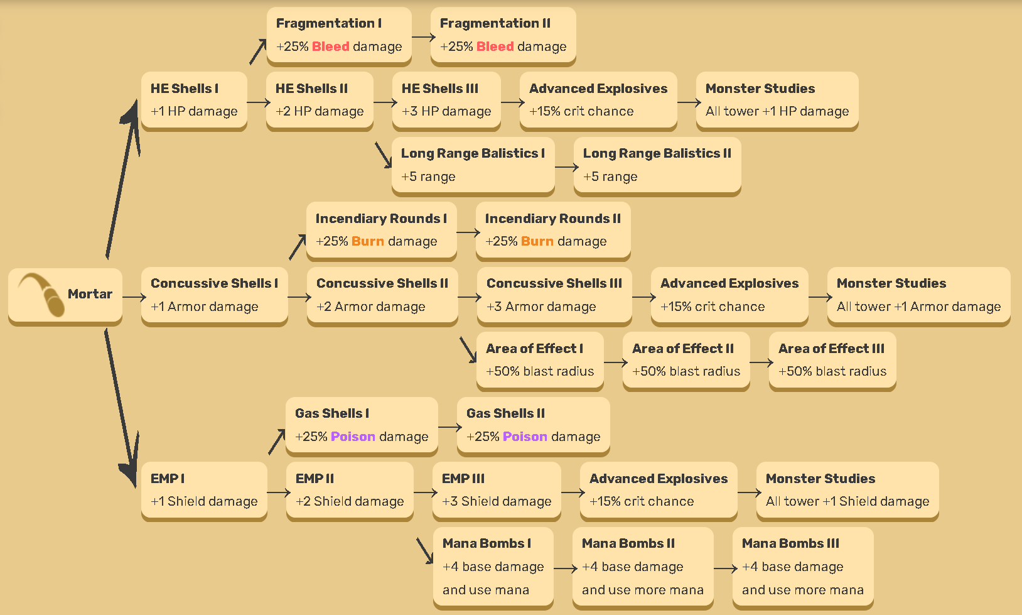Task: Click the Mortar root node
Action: click(65, 295)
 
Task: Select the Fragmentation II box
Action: click(503, 35)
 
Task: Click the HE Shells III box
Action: click(446, 101)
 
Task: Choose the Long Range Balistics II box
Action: click(657, 165)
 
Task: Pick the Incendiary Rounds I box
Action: click(381, 231)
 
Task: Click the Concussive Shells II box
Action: click(382, 295)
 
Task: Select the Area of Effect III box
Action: click(832, 361)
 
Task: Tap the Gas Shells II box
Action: click(533, 425)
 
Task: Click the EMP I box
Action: click(204, 491)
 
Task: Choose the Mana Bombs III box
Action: click(802, 567)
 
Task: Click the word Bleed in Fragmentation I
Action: click(330, 46)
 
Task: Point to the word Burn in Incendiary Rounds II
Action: click(537, 241)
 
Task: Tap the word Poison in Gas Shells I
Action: click(353, 437)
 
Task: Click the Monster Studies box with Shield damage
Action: click(847, 491)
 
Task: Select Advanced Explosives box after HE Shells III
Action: click(598, 101)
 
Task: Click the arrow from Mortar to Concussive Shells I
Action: click(133, 297)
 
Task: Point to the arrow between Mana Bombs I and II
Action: click(564, 569)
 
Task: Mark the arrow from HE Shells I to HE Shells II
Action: click(257, 102)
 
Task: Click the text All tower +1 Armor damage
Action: click(918, 307)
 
